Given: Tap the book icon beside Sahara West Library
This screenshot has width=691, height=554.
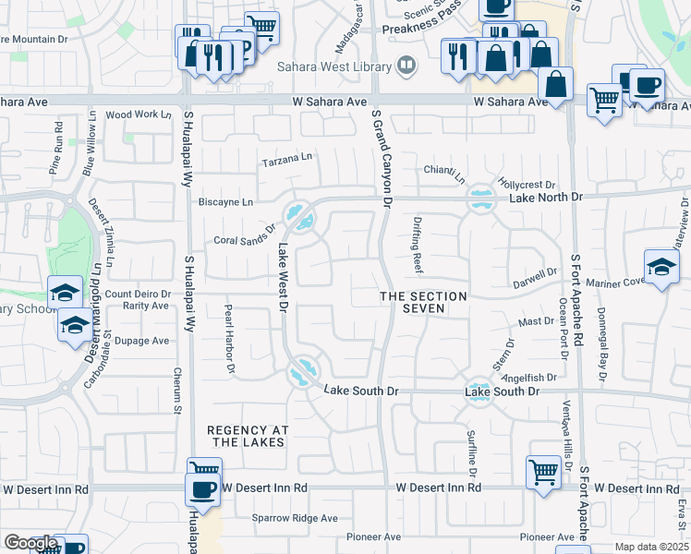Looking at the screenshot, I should (405, 65).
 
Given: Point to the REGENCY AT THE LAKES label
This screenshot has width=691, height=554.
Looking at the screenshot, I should (248, 437).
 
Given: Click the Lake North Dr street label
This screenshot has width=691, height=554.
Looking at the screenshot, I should (546, 198).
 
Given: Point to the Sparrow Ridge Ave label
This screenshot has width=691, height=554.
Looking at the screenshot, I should (296, 518).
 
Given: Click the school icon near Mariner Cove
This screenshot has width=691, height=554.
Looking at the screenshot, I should (661, 267).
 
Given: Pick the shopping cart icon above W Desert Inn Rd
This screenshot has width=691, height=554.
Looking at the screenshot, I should (544, 472).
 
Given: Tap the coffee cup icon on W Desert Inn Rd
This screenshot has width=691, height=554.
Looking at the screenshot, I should (202, 489).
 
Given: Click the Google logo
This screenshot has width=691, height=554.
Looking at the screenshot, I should (30, 543).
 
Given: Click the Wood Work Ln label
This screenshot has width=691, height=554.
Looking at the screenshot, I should (139, 115).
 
